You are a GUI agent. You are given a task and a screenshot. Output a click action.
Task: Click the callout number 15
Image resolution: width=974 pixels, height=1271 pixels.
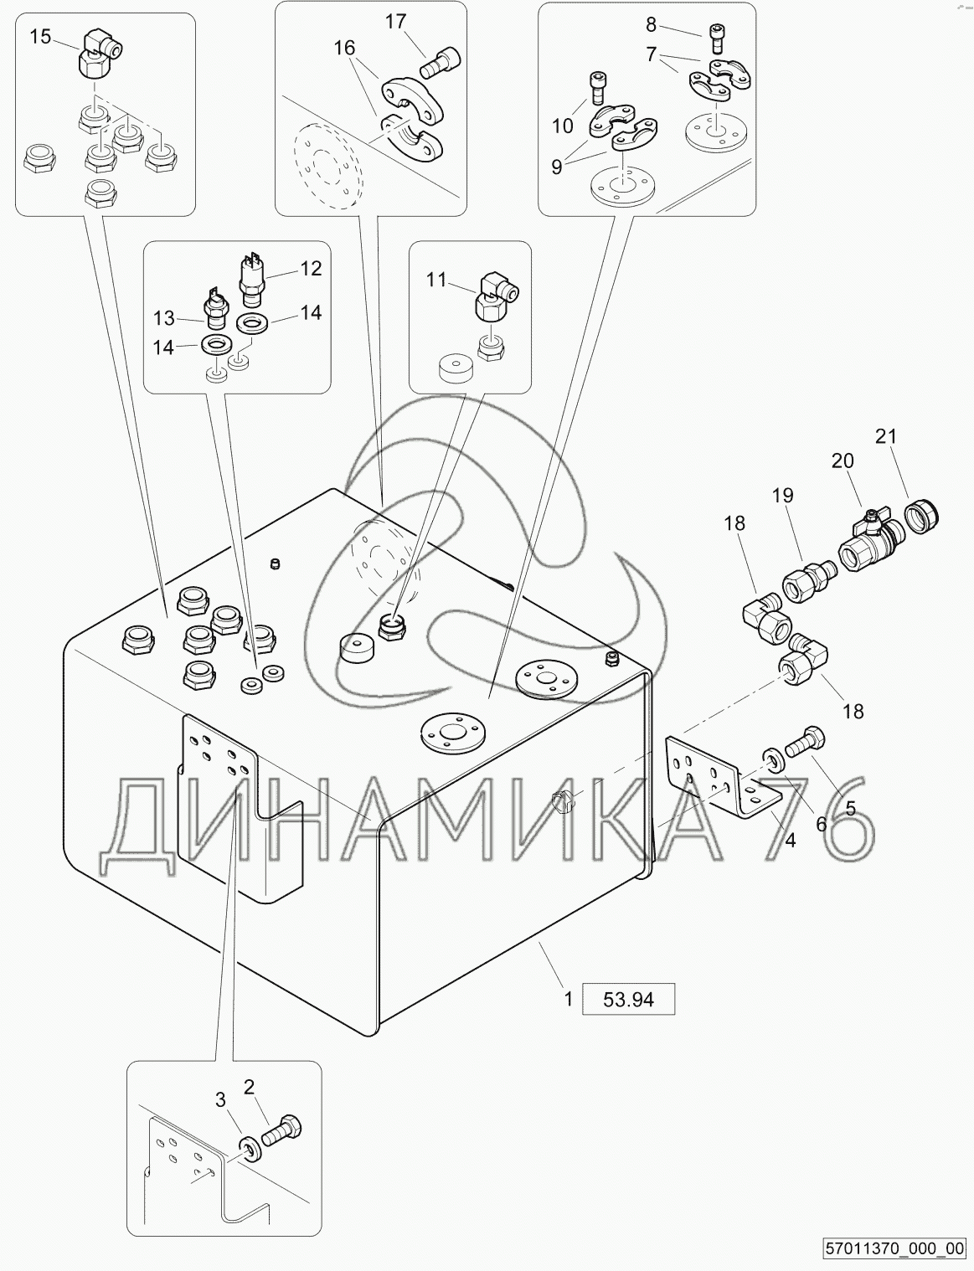[x=40, y=36]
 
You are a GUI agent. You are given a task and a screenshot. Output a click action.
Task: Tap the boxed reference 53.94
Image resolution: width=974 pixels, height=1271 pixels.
[x=627, y=999]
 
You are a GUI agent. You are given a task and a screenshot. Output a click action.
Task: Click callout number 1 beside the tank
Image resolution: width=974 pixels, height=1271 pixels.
[x=568, y=999]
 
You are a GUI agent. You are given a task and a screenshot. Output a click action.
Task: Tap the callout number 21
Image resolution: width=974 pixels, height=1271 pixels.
[x=885, y=436]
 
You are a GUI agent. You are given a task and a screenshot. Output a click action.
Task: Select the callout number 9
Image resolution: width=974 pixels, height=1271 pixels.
[x=557, y=167]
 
